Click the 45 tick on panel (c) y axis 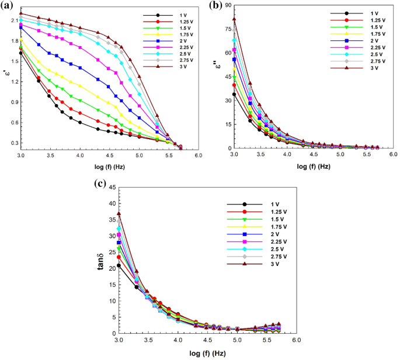[109, 188]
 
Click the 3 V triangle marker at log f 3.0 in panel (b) [234, 19]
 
